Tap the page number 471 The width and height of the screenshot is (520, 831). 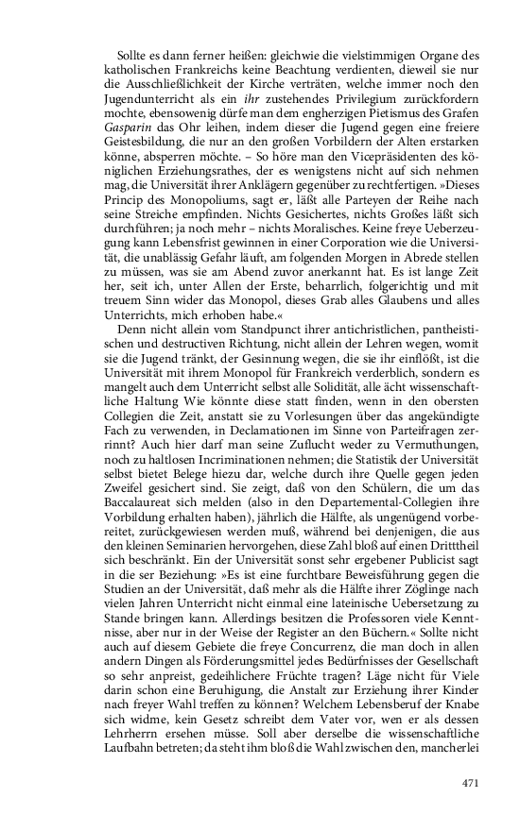tap(472, 783)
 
